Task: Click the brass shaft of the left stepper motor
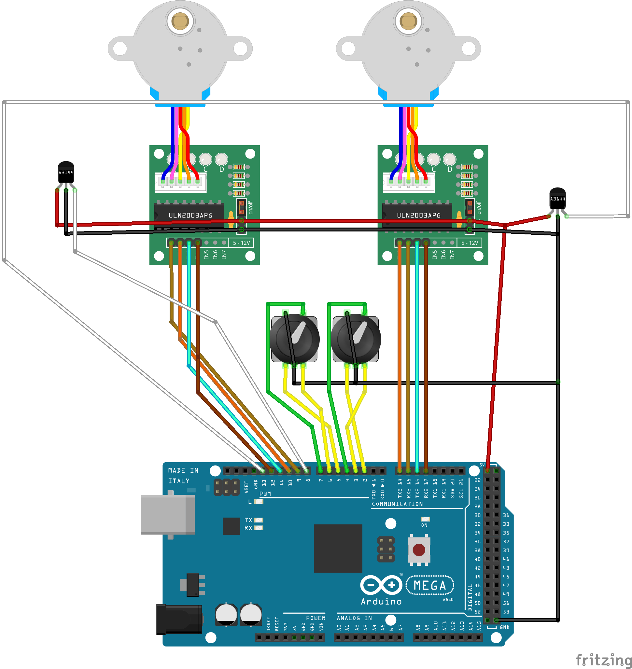180,21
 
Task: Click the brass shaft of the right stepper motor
408,21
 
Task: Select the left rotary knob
294,339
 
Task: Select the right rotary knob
356,339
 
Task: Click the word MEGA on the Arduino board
429,585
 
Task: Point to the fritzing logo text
603,660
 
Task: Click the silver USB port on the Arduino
167,515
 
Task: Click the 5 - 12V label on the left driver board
241,243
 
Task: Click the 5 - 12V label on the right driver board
469,243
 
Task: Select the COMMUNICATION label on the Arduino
397,504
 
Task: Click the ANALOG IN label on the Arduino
354,618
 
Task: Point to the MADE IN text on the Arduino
183,470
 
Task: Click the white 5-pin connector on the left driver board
180,183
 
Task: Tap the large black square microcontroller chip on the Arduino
338,548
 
